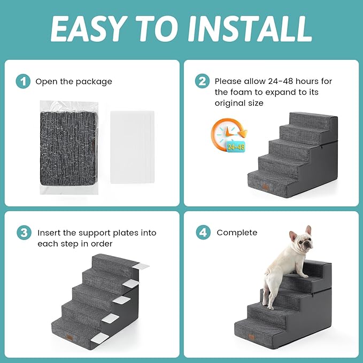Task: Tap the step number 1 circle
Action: (x=22, y=81)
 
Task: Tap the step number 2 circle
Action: (x=202, y=81)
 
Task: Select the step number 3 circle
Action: (x=22, y=233)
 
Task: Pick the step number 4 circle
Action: (x=202, y=233)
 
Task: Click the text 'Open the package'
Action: (x=74, y=82)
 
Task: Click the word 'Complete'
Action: (x=237, y=233)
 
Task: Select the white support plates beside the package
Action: (x=132, y=146)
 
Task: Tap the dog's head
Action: (x=302, y=244)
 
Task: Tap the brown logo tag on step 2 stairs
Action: (x=265, y=187)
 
